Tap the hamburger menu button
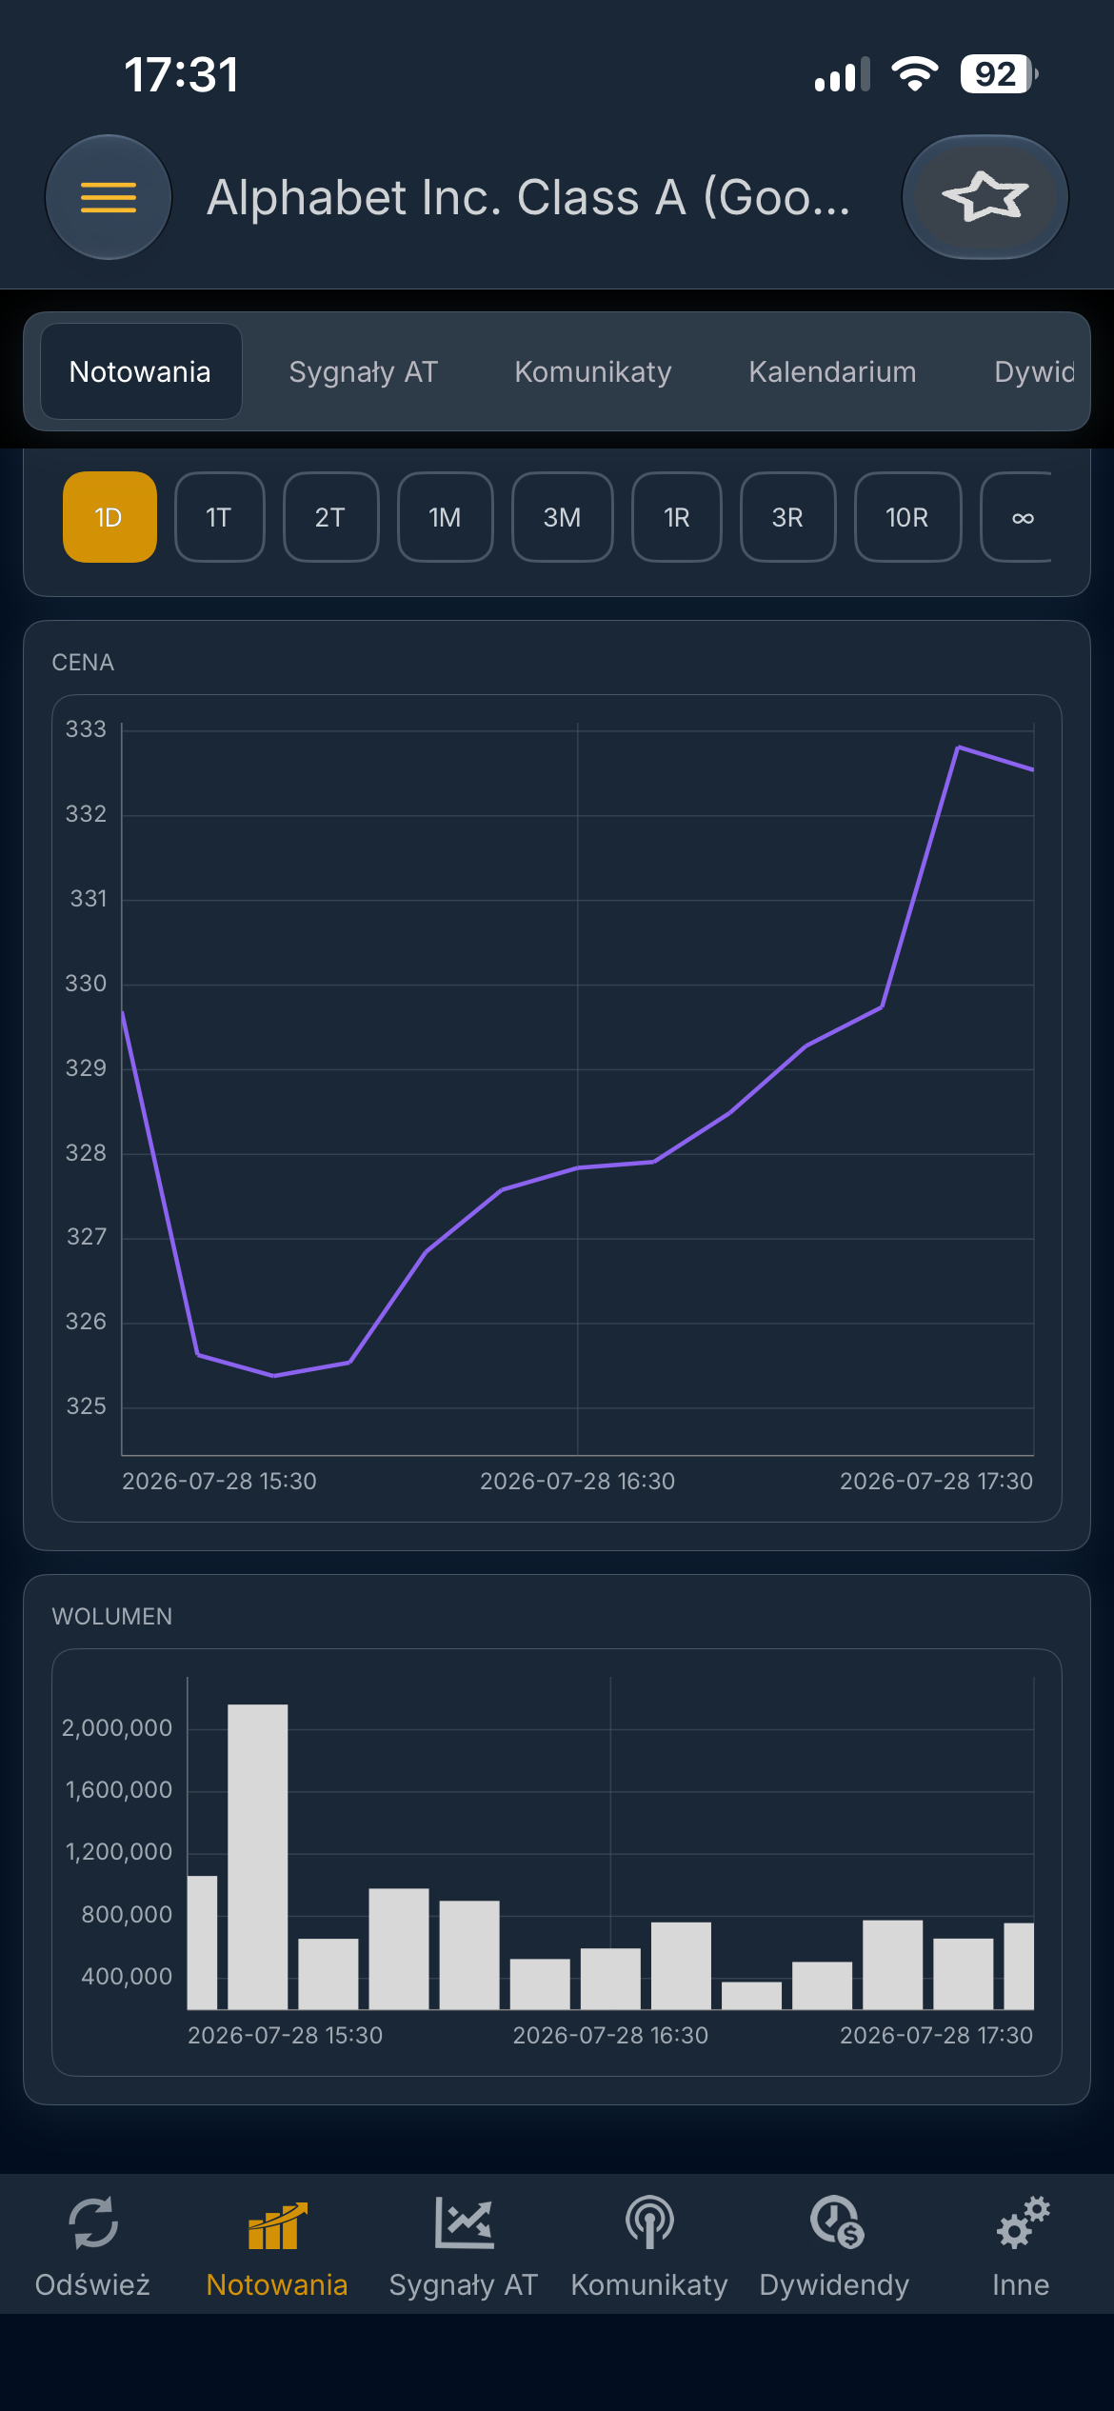tap(109, 197)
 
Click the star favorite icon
tap(985, 197)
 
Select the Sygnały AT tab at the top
tap(363, 371)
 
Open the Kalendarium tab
tap(832, 371)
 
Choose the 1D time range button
tap(109, 517)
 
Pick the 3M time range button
tap(562, 517)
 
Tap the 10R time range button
tap(907, 517)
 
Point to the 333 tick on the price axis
tap(86, 729)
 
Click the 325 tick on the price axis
tap(86, 1406)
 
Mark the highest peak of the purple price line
tap(958, 747)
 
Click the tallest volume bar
tap(258, 1857)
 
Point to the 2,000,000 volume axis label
tap(117, 1728)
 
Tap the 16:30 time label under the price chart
tap(577, 1481)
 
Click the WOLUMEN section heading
tap(112, 1616)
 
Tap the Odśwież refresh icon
tap(93, 2222)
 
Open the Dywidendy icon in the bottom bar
tap(837, 2222)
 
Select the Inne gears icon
tap(1023, 2222)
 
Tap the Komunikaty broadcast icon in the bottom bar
tap(649, 2222)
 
